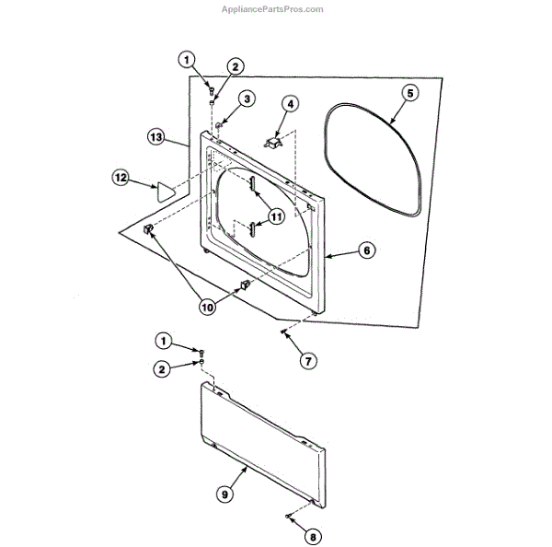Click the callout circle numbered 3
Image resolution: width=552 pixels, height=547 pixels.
point(247,99)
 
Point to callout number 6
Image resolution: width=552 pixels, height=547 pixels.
point(366,250)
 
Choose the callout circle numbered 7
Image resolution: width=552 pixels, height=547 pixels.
point(307,361)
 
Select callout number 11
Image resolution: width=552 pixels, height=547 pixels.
point(276,217)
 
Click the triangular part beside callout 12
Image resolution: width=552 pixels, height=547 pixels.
point(165,192)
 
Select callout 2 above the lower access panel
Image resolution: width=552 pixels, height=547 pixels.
point(162,368)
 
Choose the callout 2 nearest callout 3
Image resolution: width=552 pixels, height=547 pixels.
point(236,66)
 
